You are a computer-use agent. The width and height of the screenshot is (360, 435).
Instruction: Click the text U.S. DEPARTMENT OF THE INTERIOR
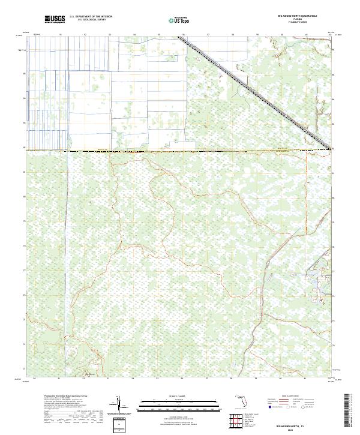(x=91, y=17)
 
